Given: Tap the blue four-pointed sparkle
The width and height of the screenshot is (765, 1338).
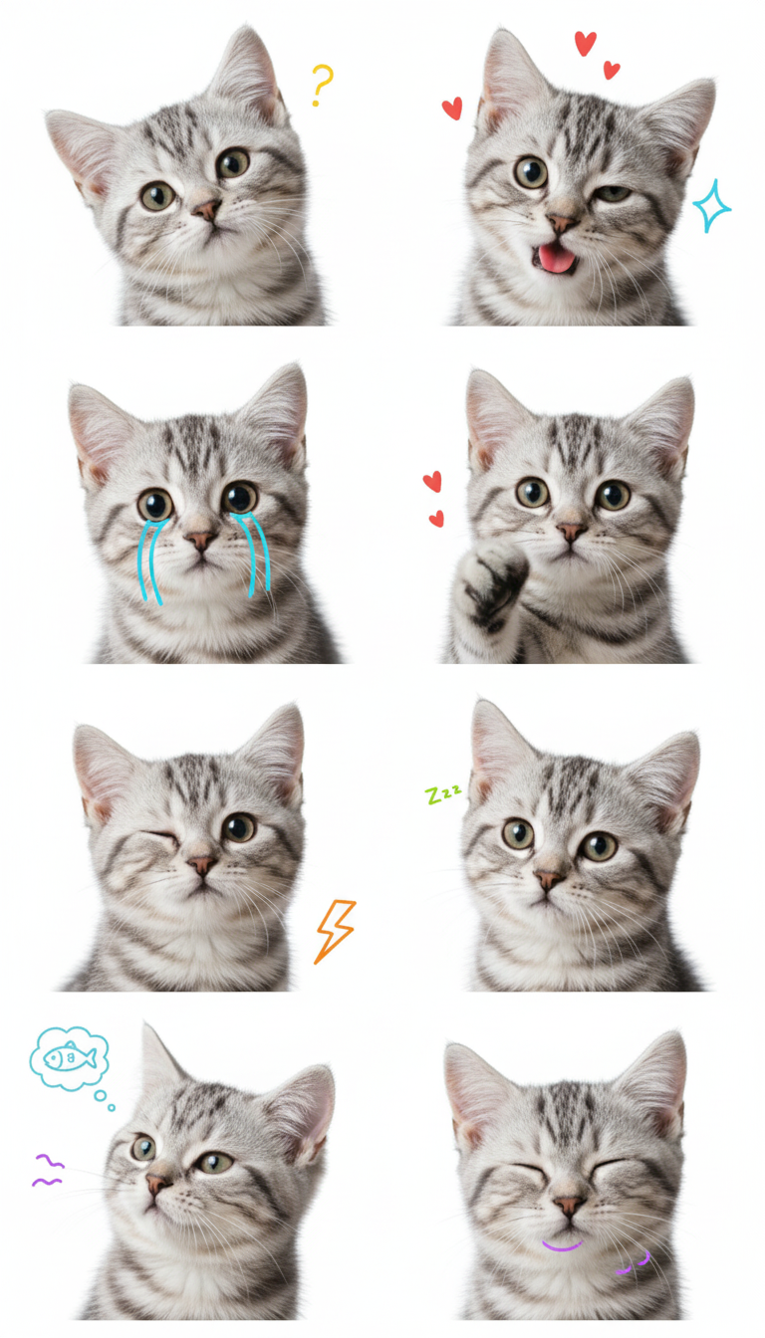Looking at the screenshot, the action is pos(711,206).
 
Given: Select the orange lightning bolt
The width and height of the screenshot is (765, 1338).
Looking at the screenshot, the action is pos(336,931).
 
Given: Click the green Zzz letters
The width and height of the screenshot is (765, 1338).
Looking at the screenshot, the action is pos(443,793).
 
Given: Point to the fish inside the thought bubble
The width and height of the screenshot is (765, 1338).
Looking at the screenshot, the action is pos(70,1059).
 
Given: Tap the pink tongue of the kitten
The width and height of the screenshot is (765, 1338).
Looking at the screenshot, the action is pos(557,258).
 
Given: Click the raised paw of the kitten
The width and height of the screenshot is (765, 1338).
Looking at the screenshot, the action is pos(492,585).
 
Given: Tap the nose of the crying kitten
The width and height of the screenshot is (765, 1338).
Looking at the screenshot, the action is pos(201,540).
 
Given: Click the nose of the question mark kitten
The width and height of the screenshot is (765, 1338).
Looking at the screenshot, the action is pos(207,210).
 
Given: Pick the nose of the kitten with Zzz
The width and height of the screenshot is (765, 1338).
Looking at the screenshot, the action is pos(549,880).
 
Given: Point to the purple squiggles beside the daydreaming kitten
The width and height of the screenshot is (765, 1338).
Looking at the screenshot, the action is pos(47,1170).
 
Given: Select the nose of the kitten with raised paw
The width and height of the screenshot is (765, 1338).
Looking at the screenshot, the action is pos(571,531).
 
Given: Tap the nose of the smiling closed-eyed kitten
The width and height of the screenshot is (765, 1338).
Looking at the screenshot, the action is pos(569,1206).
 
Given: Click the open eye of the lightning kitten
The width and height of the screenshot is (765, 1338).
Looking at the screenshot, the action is pos(239,828).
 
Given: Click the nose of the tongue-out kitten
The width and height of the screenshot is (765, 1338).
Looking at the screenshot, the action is pos(562,223).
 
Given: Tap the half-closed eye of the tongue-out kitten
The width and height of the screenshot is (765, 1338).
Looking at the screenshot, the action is pos(612,193).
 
